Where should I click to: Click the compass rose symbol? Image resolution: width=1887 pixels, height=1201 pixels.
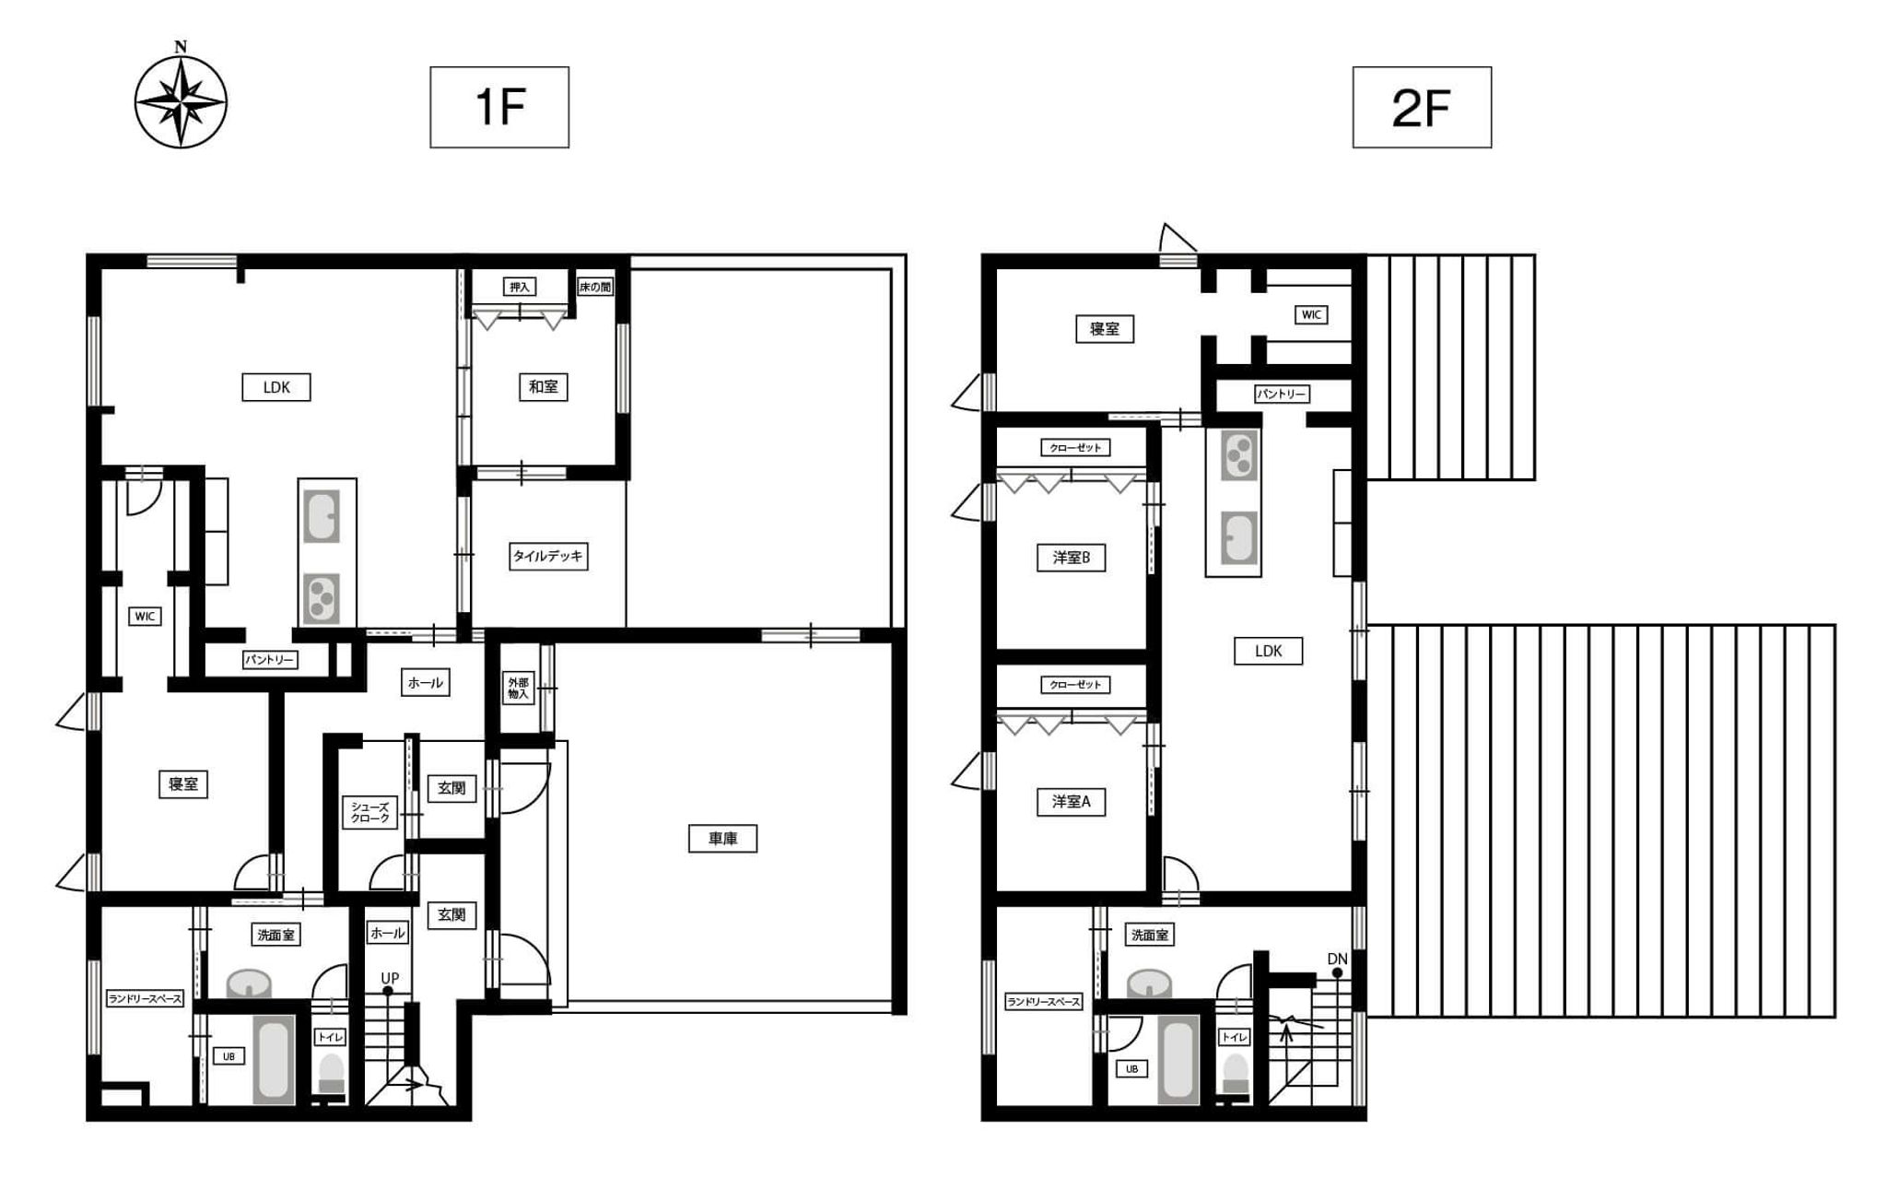[x=181, y=101]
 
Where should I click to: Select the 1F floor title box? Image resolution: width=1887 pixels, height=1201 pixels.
[x=499, y=107]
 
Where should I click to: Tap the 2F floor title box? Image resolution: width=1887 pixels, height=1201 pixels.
[x=1422, y=107]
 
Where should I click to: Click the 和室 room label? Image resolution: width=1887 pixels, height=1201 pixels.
[x=543, y=387]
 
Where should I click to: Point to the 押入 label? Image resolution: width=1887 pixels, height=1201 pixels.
[x=520, y=287]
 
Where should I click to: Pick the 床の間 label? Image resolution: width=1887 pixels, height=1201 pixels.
[x=595, y=287]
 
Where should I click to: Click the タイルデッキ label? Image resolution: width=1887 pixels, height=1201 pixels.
[x=548, y=556]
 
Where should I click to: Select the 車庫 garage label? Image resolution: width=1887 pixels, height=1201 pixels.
[x=722, y=839]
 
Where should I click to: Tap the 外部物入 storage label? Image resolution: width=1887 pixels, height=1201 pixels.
[x=519, y=688]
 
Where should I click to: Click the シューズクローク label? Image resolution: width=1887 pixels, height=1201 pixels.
[x=370, y=812]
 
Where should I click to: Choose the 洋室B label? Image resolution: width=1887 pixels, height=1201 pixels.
[x=1071, y=558]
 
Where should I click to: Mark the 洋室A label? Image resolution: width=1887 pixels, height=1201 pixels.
[x=1071, y=802]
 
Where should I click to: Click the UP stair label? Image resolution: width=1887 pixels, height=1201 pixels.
[x=390, y=978]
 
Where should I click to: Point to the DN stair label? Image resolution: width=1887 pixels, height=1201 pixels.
[x=1338, y=960]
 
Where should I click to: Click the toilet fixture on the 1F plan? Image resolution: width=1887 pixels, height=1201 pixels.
[x=331, y=1076]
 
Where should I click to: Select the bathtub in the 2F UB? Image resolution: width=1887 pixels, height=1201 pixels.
[x=1178, y=1059]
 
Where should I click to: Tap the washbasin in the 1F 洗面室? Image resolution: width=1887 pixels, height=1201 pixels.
[x=249, y=983]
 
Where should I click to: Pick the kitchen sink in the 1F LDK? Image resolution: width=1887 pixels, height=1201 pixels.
[x=322, y=517]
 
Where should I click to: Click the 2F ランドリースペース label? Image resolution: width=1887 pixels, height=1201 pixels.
[x=1043, y=1002]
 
